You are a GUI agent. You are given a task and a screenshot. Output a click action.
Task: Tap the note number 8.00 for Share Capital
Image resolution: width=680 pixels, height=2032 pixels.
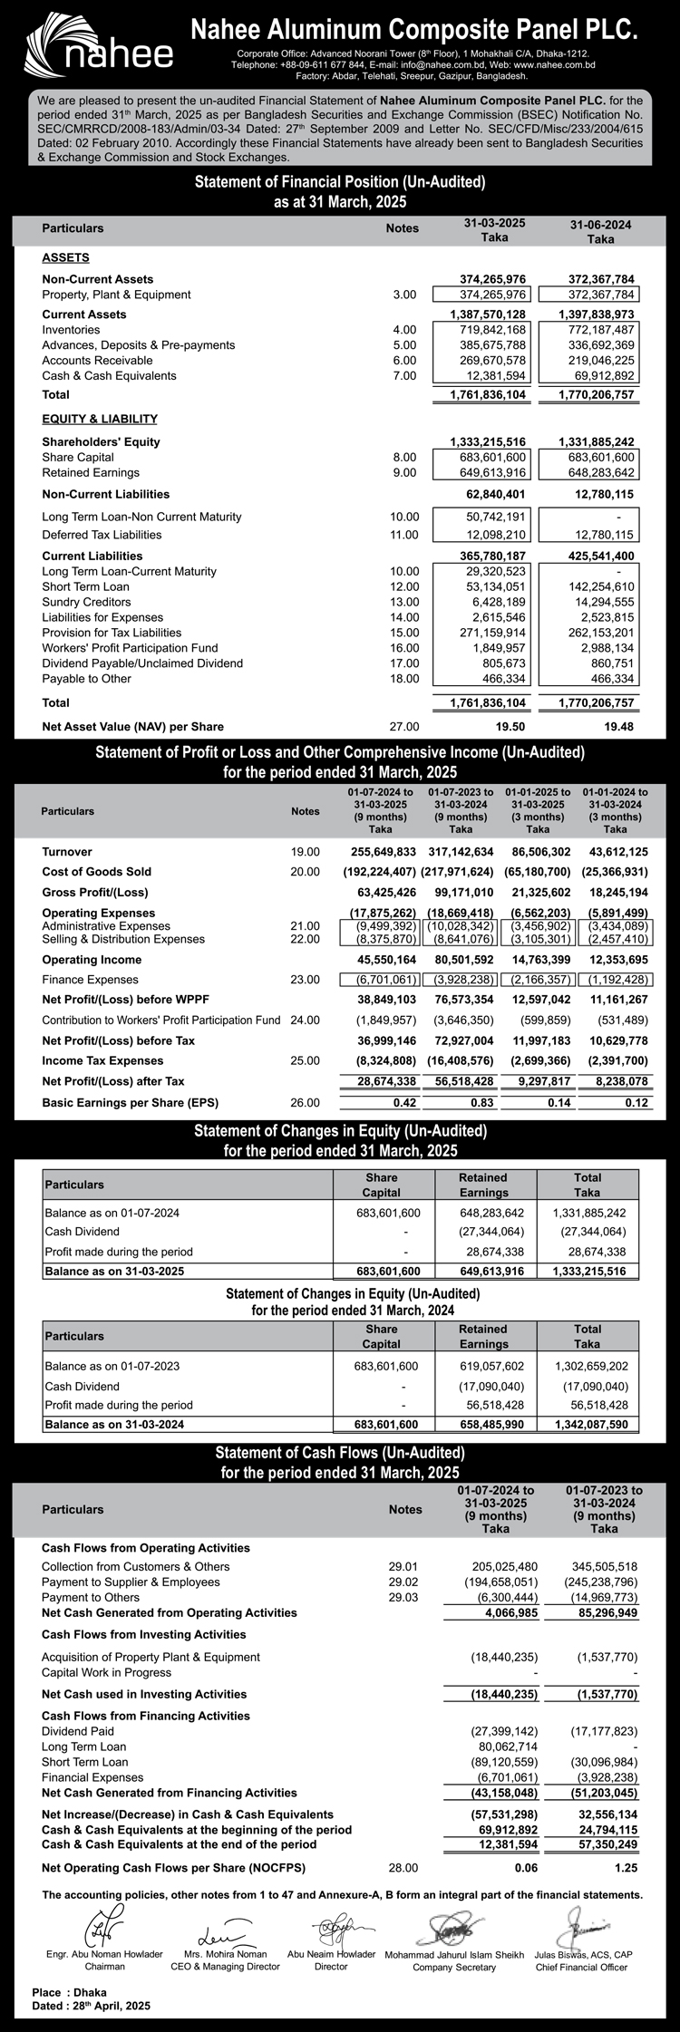404,458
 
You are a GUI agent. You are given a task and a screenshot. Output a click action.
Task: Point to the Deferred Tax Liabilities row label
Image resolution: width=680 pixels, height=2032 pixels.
102,535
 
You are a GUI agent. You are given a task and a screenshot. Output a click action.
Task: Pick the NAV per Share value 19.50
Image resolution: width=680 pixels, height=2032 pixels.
511,727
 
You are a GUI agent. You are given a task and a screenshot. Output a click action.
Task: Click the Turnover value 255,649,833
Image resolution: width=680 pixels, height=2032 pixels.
383,852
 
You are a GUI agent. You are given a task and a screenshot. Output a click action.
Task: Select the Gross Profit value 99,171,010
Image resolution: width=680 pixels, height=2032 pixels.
460,894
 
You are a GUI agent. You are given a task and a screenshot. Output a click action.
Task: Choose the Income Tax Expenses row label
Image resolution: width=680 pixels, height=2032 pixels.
102,1060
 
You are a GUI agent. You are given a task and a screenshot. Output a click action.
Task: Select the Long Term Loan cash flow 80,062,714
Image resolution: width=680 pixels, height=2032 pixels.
508,1747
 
